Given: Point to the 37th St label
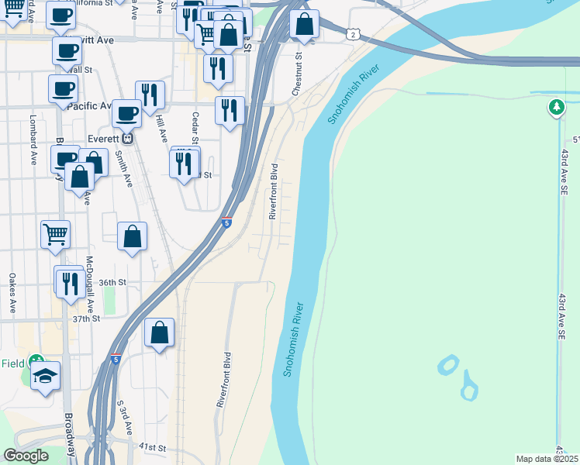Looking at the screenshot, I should tap(87, 319).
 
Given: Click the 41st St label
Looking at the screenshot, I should tap(153, 448).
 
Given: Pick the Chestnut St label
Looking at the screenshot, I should tap(296, 74).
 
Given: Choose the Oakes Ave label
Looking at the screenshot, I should tap(12, 293).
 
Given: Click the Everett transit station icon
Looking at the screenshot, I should tap(129, 139).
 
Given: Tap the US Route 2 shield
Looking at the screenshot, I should tap(353, 35).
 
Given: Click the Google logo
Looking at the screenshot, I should tap(26, 456).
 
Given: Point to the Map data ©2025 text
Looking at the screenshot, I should tap(547, 459).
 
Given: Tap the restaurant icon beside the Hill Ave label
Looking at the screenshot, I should tap(150, 95).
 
